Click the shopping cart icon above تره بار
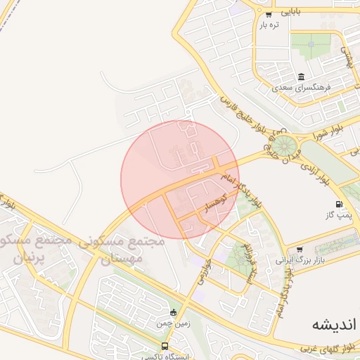[269, 14]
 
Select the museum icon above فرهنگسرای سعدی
[301, 77]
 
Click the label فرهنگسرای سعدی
[301, 89]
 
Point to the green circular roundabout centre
[285, 146]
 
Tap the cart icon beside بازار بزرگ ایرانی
[300, 249]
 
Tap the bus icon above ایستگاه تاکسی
[165, 346]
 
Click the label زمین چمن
[172, 323]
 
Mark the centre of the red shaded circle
[180, 179]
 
